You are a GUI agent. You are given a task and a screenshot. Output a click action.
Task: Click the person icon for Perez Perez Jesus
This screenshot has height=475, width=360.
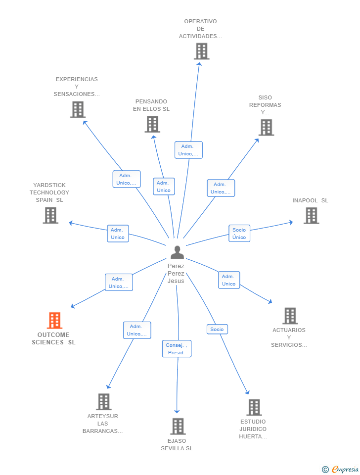(x=177, y=252)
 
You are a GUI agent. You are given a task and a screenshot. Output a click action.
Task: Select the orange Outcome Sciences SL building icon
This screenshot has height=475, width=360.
(x=54, y=321)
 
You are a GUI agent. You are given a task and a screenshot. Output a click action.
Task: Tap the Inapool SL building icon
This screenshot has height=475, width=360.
(x=311, y=216)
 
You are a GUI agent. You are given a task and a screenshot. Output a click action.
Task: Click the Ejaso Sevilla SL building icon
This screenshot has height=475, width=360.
(x=178, y=426)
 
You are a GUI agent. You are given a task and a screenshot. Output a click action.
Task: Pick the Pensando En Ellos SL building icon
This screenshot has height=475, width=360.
(x=152, y=124)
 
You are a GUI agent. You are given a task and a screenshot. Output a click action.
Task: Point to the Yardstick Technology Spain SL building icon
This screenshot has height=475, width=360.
(x=50, y=215)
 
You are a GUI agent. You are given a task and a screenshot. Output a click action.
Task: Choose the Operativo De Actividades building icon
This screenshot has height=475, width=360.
(x=201, y=51)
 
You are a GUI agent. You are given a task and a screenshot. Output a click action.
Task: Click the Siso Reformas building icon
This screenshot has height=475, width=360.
(x=266, y=128)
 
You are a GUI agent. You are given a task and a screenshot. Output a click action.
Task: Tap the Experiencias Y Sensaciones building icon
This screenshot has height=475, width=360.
(x=78, y=109)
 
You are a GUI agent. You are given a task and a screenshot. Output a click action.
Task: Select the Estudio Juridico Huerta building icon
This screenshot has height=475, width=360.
(x=254, y=407)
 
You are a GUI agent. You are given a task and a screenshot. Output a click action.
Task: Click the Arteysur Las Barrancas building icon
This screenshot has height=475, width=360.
(x=103, y=402)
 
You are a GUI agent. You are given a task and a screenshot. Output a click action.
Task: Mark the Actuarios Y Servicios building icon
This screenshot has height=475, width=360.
(x=290, y=316)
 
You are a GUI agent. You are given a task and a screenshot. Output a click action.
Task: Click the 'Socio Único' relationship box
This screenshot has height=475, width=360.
(x=239, y=234)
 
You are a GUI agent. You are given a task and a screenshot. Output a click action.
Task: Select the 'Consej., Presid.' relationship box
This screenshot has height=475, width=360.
(x=177, y=349)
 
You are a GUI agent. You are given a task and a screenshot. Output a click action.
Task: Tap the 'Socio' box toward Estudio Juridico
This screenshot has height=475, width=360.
(x=217, y=329)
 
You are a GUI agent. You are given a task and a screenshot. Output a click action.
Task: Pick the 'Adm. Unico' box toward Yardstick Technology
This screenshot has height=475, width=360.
(x=118, y=234)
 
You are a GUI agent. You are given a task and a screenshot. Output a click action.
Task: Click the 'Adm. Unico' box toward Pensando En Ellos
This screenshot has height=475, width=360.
(x=164, y=187)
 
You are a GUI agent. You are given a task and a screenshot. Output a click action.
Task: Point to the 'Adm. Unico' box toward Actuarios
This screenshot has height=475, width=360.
(x=228, y=280)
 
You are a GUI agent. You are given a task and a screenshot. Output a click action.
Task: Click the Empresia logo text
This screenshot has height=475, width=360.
(x=345, y=469)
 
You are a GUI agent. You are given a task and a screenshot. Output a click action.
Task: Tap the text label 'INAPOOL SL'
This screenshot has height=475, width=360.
(x=310, y=200)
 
